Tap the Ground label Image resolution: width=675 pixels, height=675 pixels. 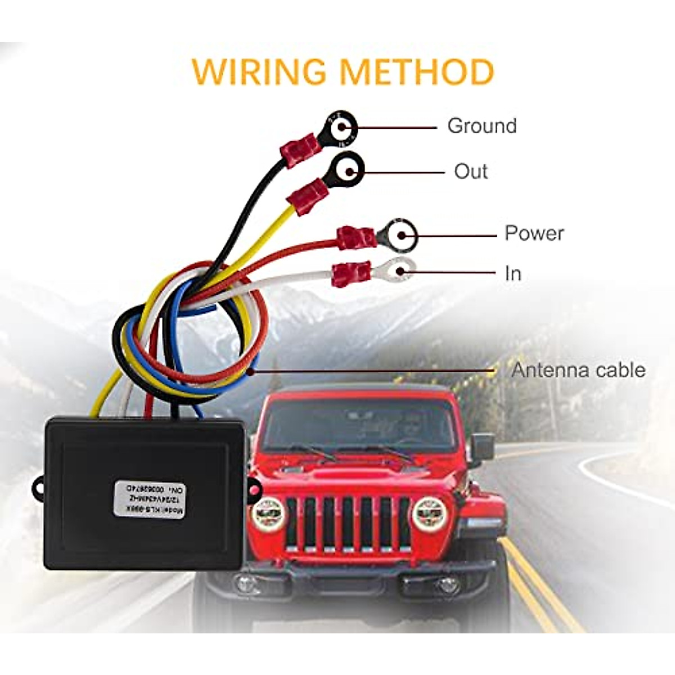point(482,125)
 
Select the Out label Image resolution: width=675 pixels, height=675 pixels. point(471,171)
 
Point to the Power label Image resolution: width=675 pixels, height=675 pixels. point(534,233)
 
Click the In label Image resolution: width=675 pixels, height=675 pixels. point(513,273)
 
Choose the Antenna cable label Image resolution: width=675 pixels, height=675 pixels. point(578,370)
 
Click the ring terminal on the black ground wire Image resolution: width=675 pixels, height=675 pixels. point(341,127)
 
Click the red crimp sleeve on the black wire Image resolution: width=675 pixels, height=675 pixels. point(300,148)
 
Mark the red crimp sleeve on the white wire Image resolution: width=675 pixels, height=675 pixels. point(352,274)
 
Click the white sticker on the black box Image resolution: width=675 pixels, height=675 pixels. point(150,498)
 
